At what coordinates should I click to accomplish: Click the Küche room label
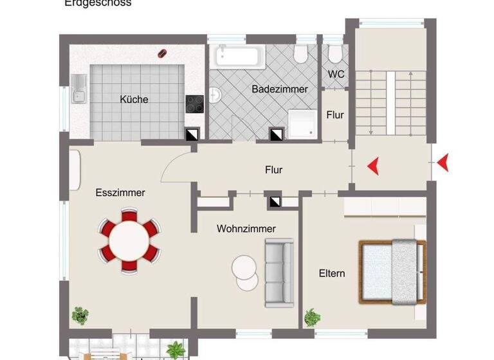134,99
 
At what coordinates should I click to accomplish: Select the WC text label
336,74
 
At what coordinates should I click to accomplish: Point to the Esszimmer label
120,192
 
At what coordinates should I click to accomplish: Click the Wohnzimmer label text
246,228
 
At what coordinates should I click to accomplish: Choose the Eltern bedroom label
332,273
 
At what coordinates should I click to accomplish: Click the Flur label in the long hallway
273,170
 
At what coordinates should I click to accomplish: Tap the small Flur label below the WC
334,115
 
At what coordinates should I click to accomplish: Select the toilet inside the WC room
334,53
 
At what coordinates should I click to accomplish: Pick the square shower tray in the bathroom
302,124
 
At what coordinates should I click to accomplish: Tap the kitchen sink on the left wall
79,89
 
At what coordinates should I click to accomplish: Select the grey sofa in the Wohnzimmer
279,272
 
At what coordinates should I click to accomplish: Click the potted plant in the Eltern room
312,317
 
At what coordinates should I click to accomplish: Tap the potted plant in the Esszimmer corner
80,315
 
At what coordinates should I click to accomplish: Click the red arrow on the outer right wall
442,165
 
